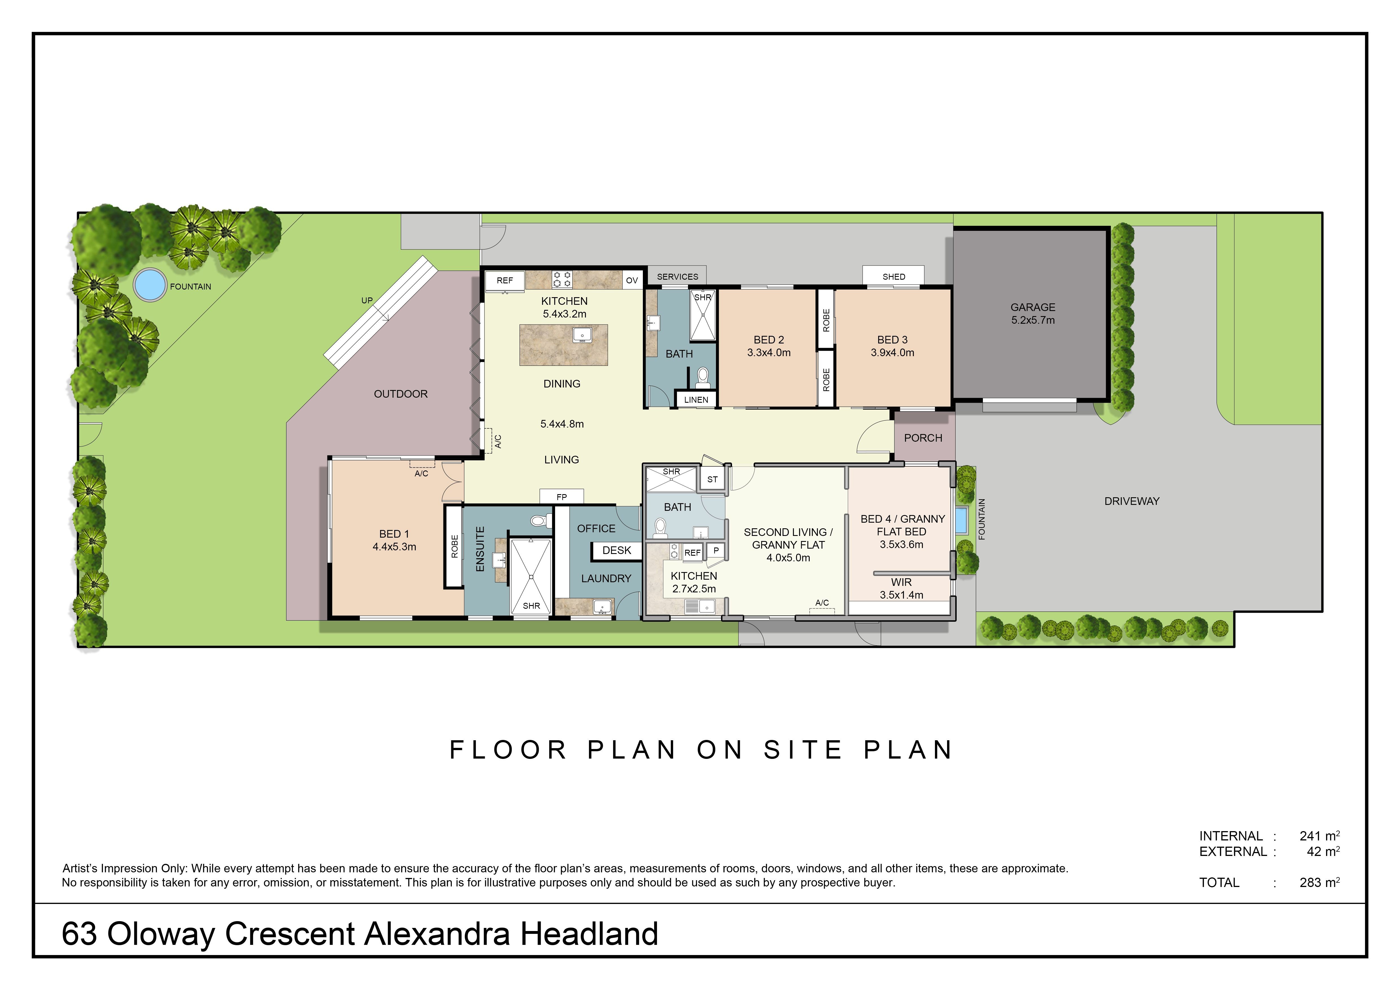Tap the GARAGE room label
point(1033,307)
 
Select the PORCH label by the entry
point(923,438)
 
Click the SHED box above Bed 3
point(893,275)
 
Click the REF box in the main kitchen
point(505,281)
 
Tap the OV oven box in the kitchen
point(632,281)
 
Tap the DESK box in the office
point(616,551)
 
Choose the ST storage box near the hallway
point(712,479)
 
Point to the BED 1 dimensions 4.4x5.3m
point(395,547)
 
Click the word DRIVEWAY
point(1132,501)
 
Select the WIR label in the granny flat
point(901,582)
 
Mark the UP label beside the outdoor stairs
point(367,301)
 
